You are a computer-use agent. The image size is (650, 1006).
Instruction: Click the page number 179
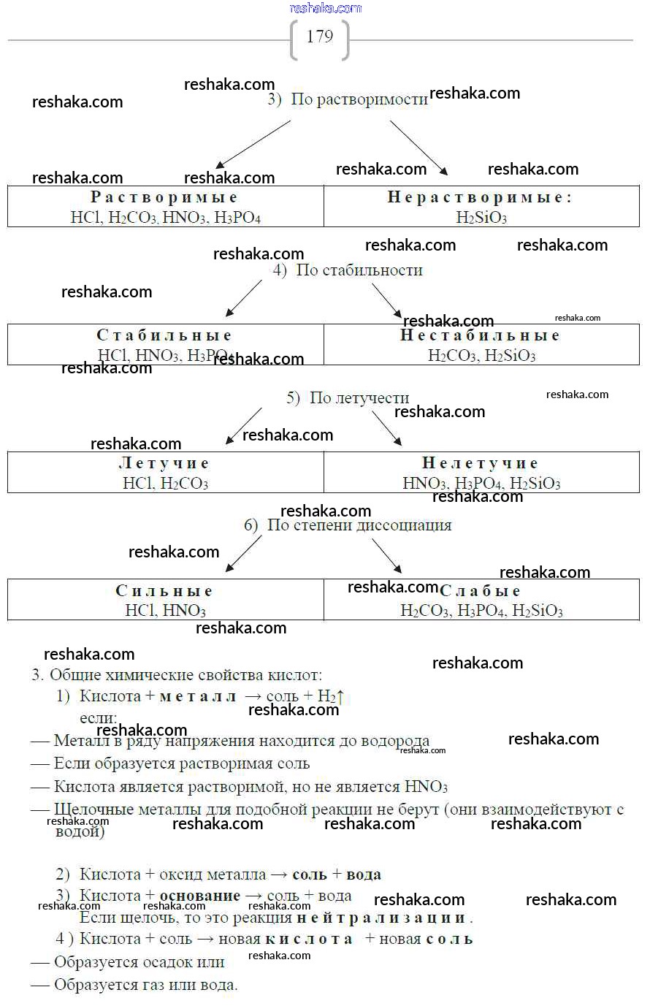pos(320,37)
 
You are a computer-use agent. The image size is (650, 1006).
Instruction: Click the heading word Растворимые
pos(164,197)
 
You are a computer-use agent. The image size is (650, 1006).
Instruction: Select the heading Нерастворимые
pos(479,197)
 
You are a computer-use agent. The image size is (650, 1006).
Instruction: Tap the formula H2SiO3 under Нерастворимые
pos(481,217)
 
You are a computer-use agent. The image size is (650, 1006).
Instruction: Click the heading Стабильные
pos(164,335)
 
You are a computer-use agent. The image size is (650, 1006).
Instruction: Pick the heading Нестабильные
pos(481,335)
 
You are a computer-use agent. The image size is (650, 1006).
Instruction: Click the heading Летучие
pos(164,463)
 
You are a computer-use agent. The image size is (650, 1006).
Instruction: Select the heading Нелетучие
pos(481,463)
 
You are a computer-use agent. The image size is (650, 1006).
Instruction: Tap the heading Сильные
pos(164,591)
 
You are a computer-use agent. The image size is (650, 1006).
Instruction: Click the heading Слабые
pos(481,591)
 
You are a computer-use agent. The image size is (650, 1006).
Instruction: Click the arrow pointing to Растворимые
pos(253,144)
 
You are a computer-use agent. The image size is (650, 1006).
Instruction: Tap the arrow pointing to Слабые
pos(387,556)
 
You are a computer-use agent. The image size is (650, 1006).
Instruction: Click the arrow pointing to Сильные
pos(244,555)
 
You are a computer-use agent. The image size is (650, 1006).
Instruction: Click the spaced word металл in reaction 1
pos(198,697)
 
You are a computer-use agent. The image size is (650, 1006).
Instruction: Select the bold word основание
pos(200,896)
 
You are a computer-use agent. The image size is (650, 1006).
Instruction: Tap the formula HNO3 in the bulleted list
pos(426,787)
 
